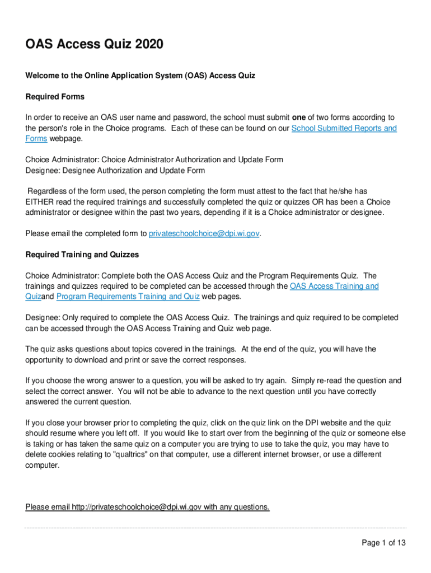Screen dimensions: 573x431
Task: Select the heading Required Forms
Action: (x=55, y=97)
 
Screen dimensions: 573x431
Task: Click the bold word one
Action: (x=298, y=118)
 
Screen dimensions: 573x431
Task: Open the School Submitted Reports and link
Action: (x=344, y=128)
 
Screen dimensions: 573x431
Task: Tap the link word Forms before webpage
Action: (x=36, y=139)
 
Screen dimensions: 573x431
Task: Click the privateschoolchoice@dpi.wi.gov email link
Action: (x=204, y=233)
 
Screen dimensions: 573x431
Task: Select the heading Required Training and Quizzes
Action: (x=82, y=255)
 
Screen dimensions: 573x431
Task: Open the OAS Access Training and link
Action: (x=334, y=286)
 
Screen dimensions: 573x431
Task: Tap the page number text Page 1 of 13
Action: (x=383, y=543)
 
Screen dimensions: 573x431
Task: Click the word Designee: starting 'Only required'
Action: (x=43, y=317)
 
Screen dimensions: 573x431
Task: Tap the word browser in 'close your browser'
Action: (x=93, y=422)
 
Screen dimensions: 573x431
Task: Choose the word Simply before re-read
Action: (x=307, y=381)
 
